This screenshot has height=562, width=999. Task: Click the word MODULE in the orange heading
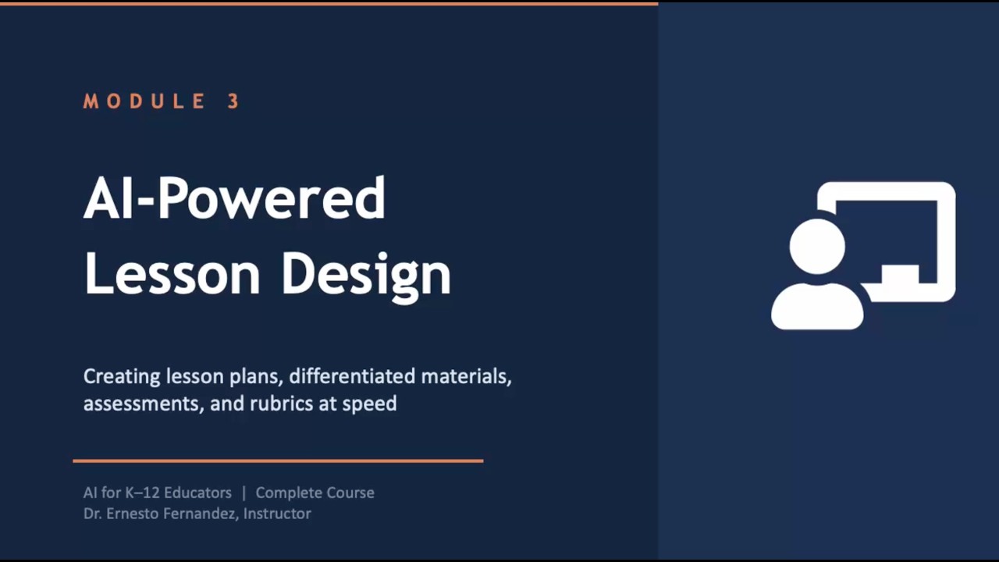[x=145, y=101]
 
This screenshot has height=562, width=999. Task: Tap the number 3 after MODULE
[x=233, y=101]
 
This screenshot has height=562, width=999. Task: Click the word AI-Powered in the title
[x=234, y=198]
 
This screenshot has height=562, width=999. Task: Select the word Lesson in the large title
[x=172, y=273]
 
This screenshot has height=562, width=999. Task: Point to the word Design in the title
[x=365, y=275]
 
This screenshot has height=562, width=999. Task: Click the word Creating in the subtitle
[x=122, y=377]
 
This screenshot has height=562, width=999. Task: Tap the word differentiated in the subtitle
[x=352, y=376]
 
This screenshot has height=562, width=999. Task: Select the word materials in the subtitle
[x=466, y=376]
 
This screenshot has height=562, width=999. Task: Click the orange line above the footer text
[x=278, y=461]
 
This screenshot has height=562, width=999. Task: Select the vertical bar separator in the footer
[x=244, y=493]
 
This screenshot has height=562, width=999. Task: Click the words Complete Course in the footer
[x=315, y=493]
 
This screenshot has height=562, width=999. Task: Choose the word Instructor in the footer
[x=277, y=514]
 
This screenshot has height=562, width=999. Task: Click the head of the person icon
[x=817, y=247]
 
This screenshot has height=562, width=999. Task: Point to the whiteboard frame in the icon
[x=946, y=234]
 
